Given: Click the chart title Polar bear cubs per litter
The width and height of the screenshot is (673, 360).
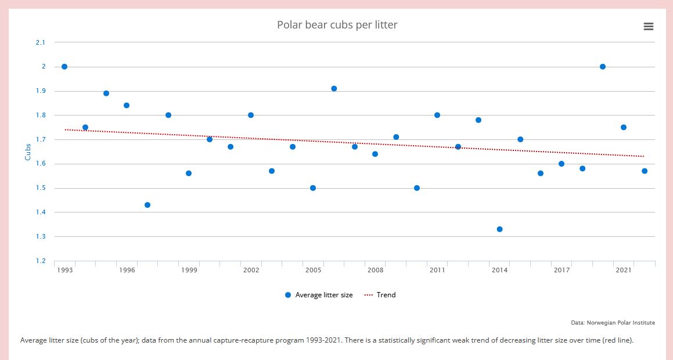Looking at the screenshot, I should [x=337, y=25].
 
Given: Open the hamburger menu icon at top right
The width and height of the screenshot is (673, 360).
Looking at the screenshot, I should [x=649, y=27].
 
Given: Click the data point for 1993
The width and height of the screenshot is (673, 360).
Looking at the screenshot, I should [x=64, y=67].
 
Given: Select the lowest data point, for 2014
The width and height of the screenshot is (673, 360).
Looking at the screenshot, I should [x=499, y=229].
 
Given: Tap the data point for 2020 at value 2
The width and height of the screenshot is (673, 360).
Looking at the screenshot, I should [x=603, y=67].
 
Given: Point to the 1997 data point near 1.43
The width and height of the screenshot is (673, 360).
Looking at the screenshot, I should [x=147, y=205].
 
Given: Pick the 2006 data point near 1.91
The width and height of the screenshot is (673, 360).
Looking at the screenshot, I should [x=334, y=89].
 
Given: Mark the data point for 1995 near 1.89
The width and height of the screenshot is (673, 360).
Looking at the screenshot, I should [x=106, y=93].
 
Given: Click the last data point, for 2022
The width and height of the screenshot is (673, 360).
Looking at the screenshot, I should [x=645, y=171].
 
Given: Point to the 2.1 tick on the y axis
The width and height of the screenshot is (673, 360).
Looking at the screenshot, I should [x=40, y=42].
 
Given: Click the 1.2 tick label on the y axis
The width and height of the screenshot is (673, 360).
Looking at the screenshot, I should [x=40, y=261].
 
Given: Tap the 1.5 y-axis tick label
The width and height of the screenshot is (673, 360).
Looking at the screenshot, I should [x=40, y=188].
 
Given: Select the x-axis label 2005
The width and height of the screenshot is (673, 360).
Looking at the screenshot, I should [x=313, y=271].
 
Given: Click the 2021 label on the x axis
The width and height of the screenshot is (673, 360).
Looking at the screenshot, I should [x=624, y=271].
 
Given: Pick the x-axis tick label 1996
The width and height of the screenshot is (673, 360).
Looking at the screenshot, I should [x=127, y=271].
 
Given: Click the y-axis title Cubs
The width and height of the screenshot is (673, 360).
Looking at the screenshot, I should [x=28, y=152].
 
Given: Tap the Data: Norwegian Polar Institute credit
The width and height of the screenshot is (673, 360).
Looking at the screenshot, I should [x=613, y=323].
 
